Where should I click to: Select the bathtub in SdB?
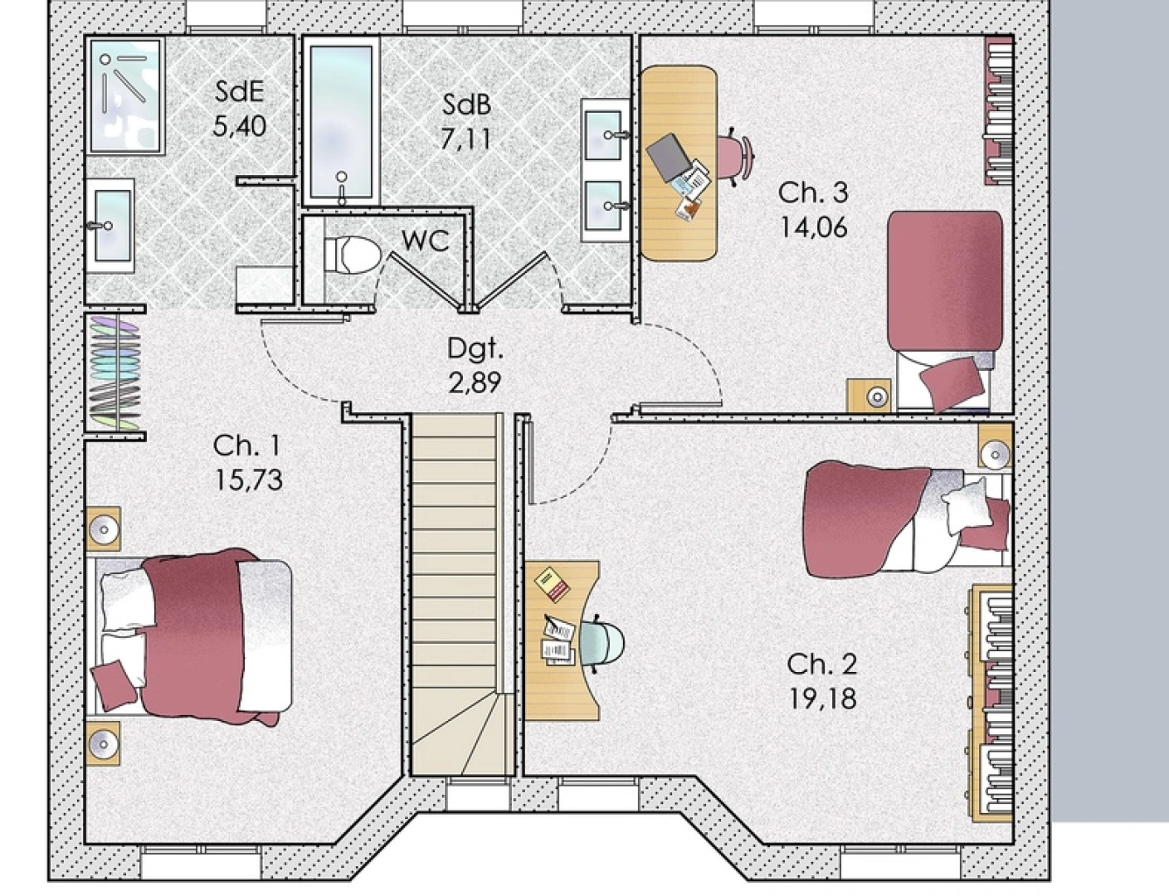click(x=341, y=121)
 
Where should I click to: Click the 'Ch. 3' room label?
click(x=812, y=192)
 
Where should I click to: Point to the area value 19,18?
click(x=821, y=699)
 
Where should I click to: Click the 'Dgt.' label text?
click(x=475, y=348)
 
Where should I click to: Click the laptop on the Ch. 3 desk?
click(x=669, y=157)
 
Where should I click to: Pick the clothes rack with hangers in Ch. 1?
click(x=114, y=373)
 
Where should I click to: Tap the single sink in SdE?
click(x=110, y=225)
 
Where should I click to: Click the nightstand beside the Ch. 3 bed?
click(x=869, y=396)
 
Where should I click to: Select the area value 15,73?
click(x=248, y=480)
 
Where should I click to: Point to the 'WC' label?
click(x=425, y=241)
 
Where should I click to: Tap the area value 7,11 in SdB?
click(x=465, y=139)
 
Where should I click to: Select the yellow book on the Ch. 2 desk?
click(x=552, y=582)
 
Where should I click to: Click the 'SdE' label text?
click(x=240, y=90)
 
